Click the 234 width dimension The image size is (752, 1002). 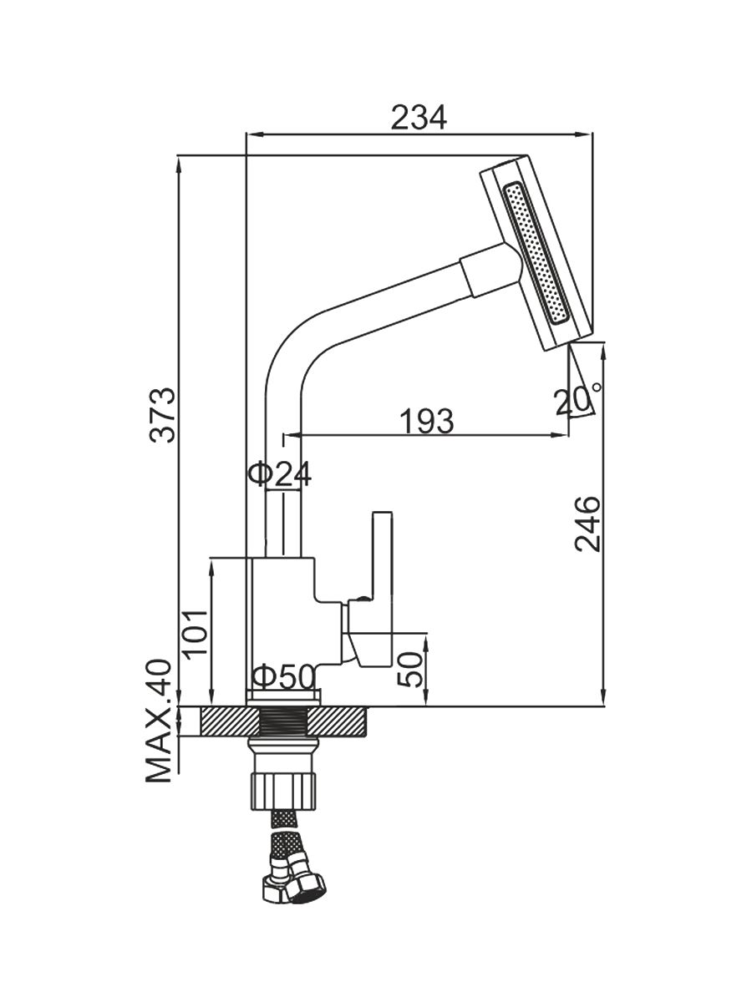pos(419,118)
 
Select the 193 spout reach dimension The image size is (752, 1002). pos(425,421)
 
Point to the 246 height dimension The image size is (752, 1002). pos(588,524)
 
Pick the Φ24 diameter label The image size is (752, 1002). pos(280,474)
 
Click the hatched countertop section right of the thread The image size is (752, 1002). pos(343,721)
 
